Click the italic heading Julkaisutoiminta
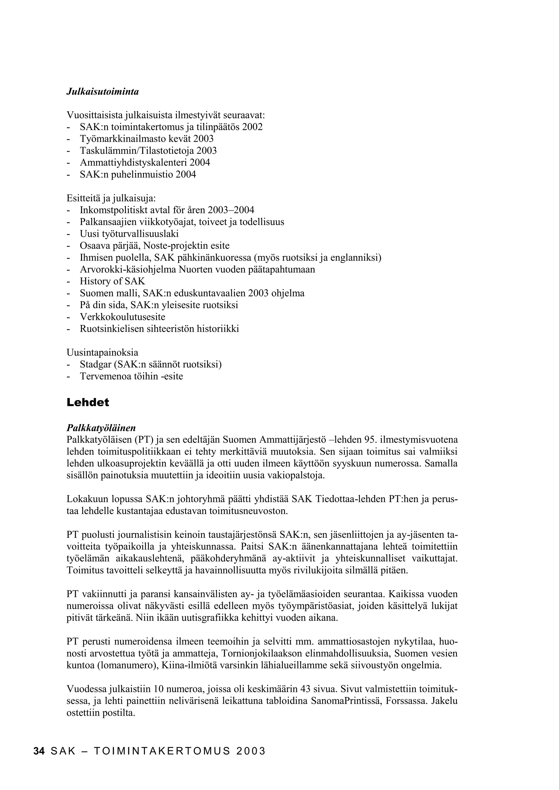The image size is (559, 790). pyautogui.click(x=103, y=92)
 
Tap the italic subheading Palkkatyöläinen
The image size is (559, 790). pyautogui.click(x=101, y=428)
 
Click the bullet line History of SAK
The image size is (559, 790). pyautogui.click(x=112, y=281)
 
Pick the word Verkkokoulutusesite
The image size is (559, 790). pyautogui.click(x=123, y=317)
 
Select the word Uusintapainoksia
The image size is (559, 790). pyautogui.click(x=102, y=353)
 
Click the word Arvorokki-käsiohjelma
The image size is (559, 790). pyautogui.click(x=128, y=270)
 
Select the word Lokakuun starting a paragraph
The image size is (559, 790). pyautogui.click(x=87, y=499)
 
